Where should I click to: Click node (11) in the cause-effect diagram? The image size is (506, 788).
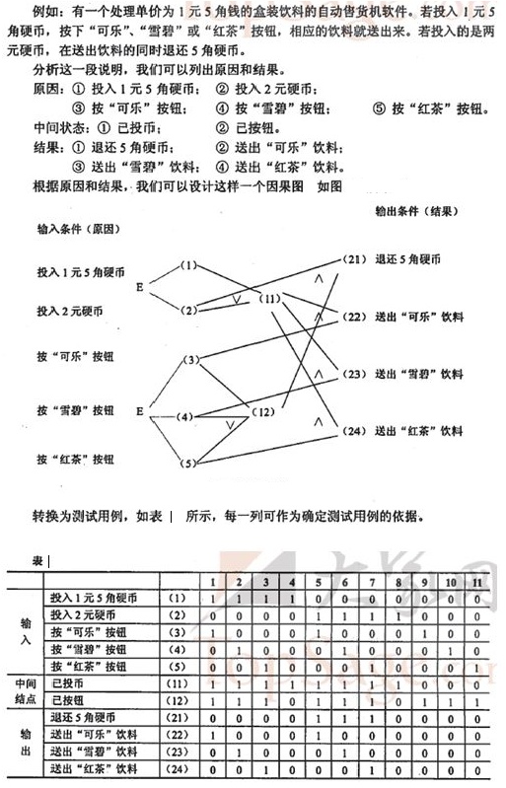click(269, 297)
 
